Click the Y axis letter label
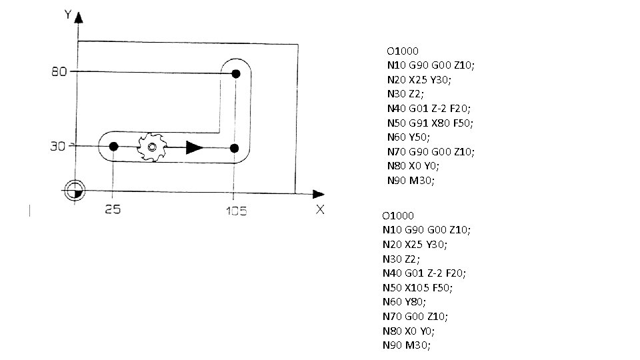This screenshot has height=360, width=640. pyautogui.click(x=67, y=13)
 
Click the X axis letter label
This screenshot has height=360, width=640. pyautogui.click(x=320, y=209)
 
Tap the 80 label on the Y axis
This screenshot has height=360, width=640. pyautogui.click(x=58, y=72)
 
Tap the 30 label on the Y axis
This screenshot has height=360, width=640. pyautogui.click(x=59, y=147)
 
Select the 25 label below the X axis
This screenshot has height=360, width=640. pyautogui.click(x=112, y=211)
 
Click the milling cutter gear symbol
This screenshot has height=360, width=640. pyautogui.click(x=152, y=147)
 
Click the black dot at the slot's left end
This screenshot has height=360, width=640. pyautogui.click(x=113, y=146)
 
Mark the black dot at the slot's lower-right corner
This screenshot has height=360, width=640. pyautogui.click(x=234, y=147)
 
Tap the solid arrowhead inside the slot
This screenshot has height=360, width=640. pyautogui.click(x=194, y=147)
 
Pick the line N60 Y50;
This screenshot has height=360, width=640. pyautogui.click(x=408, y=137)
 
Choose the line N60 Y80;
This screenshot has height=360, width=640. pyautogui.click(x=403, y=301)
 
